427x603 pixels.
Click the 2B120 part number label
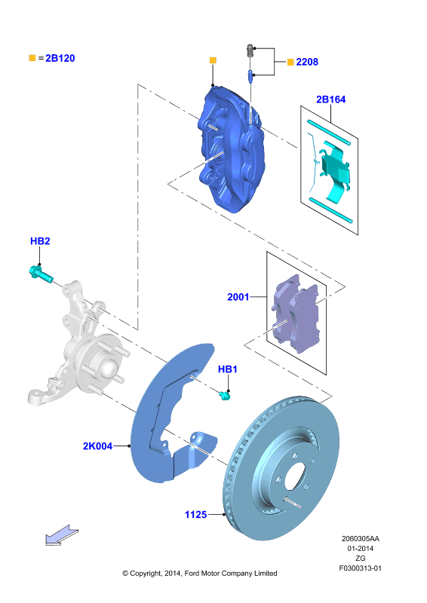pyautogui.click(x=60, y=58)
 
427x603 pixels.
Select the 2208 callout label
pyautogui.click(x=307, y=62)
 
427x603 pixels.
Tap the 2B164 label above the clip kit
pyautogui.click(x=330, y=99)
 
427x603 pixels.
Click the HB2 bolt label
pyautogui.click(x=40, y=241)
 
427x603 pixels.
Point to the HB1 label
pyautogui.click(x=228, y=369)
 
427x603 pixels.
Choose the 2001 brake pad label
pyautogui.click(x=238, y=297)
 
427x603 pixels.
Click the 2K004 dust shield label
pyautogui.click(x=98, y=446)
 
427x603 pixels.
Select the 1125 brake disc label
pyautogui.click(x=195, y=515)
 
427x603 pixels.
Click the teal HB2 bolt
pyautogui.click(x=41, y=274)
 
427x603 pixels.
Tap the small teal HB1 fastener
pyautogui.click(x=224, y=395)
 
